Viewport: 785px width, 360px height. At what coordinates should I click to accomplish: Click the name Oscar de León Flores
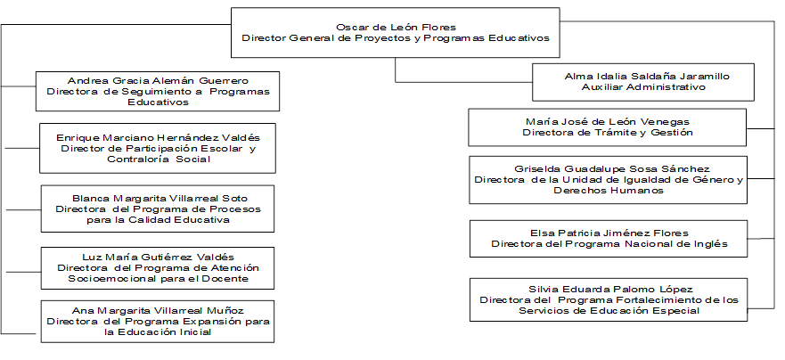[396, 27]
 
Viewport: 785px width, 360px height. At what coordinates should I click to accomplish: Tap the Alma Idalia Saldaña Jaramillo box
[642, 82]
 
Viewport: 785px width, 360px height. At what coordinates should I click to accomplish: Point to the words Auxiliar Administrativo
[643, 87]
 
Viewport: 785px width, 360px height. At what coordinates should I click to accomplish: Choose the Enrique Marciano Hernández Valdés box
[158, 148]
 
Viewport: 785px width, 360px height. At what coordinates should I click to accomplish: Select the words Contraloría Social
[159, 160]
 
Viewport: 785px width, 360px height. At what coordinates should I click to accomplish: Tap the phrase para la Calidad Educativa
[159, 220]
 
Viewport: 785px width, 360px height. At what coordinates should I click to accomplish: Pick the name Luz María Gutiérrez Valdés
[159, 257]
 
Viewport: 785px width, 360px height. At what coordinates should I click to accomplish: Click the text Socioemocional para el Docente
[159, 278]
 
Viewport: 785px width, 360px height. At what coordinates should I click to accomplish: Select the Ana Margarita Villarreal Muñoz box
[158, 322]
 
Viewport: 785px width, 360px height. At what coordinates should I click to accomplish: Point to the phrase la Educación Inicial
[159, 332]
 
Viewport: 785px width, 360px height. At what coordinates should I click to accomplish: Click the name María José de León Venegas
[608, 122]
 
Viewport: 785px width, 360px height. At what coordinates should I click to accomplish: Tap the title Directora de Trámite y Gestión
[608, 133]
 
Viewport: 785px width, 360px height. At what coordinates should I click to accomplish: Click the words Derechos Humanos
[609, 191]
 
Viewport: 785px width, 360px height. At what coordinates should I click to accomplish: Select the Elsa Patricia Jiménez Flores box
[609, 238]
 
